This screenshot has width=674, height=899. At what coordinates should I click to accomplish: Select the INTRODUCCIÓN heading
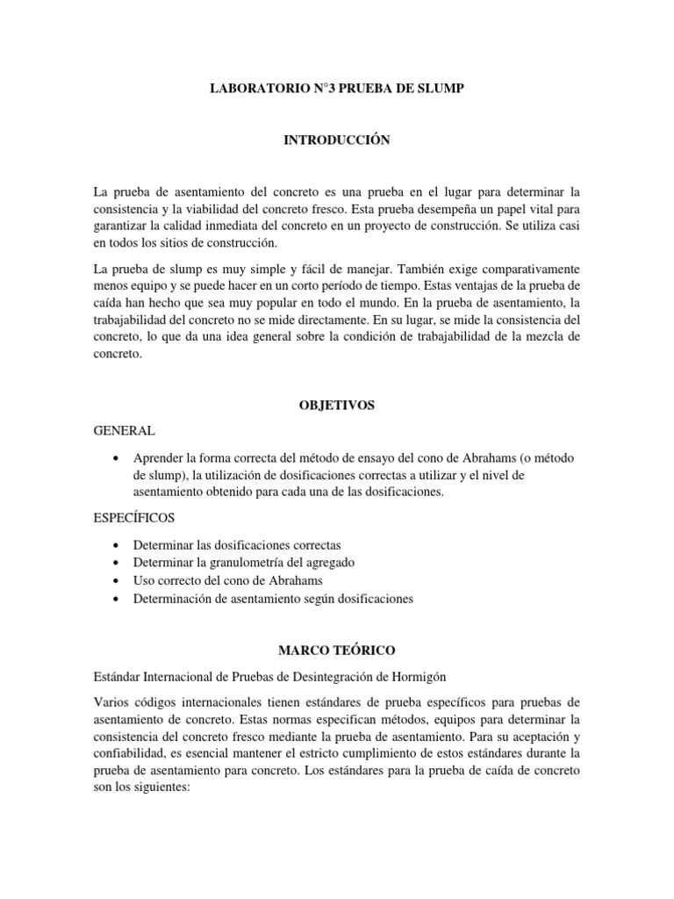point(337,140)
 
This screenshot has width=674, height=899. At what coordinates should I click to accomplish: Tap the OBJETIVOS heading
point(337,406)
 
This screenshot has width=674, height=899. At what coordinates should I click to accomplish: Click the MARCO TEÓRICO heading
point(337,651)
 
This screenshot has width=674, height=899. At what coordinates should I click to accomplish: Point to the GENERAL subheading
point(124,431)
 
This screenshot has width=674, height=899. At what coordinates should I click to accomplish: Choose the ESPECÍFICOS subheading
point(133,518)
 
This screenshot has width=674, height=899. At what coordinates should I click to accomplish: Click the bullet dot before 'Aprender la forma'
point(118,459)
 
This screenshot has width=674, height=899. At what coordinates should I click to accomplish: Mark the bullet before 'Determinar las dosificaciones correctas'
point(118,545)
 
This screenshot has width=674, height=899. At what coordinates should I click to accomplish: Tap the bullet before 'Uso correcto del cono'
point(118,581)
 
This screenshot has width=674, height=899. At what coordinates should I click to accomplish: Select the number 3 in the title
point(312,89)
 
